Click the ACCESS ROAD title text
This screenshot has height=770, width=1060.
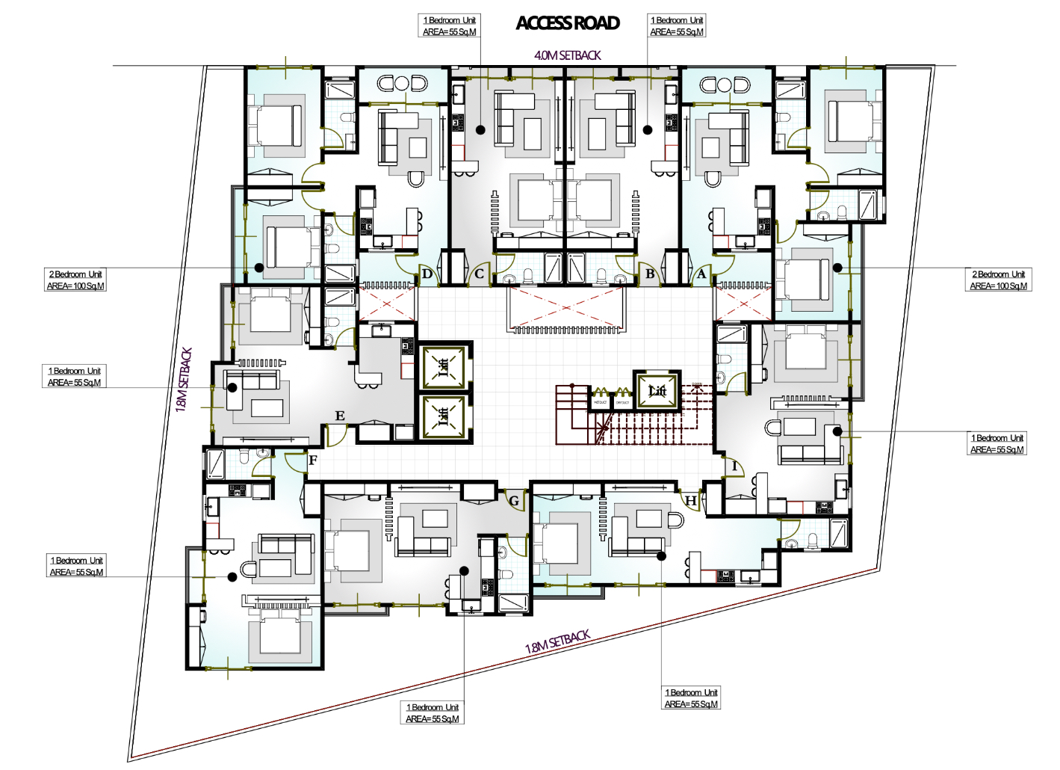[x=568, y=23]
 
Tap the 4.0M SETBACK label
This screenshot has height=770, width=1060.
[x=567, y=55]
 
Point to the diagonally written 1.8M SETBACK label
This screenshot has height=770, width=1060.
[x=557, y=641]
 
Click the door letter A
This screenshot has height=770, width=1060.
[x=701, y=274]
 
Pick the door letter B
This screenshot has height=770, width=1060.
[x=650, y=274]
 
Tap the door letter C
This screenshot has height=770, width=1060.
[x=479, y=274]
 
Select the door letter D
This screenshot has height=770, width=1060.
[x=427, y=274]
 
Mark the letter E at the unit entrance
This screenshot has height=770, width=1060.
[x=340, y=416]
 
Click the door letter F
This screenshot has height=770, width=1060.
[x=313, y=461]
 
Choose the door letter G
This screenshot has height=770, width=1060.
[x=514, y=501]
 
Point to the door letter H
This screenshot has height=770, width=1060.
[x=691, y=501]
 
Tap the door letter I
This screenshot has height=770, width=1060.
[x=734, y=466]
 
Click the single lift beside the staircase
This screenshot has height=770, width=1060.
[x=657, y=391]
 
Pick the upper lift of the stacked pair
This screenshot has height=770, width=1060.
[x=444, y=366]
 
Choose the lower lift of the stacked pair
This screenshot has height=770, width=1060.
[x=444, y=416]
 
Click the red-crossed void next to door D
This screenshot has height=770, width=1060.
[x=387, y=303]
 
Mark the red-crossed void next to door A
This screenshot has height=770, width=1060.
[x=743, y=303]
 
